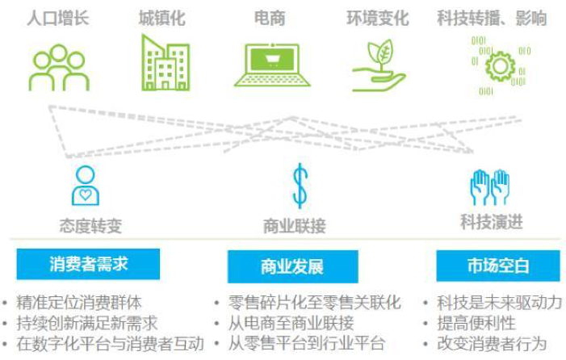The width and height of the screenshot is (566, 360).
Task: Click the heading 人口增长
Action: tap(58, 18)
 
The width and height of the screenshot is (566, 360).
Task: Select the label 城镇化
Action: tap(162, 18)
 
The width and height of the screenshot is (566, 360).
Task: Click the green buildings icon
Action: tap(166, 62)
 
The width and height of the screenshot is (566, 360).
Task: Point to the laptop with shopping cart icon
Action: tap(272, 65)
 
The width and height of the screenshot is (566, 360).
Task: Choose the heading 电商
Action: tap(270, 18)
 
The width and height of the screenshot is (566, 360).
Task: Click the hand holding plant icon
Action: tap(379, 65)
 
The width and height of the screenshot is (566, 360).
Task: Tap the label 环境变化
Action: tap(378, 18)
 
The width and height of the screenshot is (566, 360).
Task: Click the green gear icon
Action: tap(500, 66)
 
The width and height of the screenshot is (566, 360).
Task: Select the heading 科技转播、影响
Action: tap(492, 18)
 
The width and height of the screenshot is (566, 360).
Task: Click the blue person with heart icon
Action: tap(86, 186)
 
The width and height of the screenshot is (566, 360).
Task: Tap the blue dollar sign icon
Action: tap(300, 186)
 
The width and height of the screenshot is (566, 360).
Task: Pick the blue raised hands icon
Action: tap(490, 187)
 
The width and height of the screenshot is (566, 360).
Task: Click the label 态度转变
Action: tap(90, 226)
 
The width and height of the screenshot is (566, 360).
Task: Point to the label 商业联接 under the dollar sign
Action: tap(295, 226)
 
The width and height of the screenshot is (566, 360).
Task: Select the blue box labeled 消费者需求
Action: tap(88, 264)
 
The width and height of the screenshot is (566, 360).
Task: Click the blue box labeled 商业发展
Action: tap(293, 266)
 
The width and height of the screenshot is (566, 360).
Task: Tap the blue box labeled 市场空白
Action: tap(498, 266)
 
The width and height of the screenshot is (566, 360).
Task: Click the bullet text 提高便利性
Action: tap(476, 323)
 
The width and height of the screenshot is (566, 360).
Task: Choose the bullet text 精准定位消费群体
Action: tap(79, 302)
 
